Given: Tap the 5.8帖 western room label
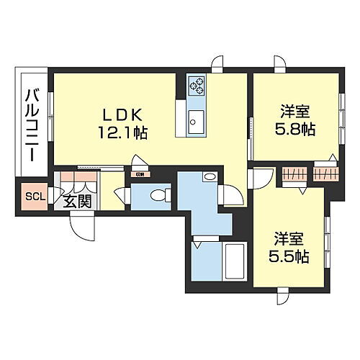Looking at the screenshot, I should tap(295, 120).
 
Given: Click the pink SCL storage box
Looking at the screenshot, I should tap(34, 197).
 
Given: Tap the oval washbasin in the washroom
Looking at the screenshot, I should tap(209, 176).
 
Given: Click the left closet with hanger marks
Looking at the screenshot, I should tap(292, 174).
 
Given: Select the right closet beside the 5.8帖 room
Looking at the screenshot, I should tap(325, 174).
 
